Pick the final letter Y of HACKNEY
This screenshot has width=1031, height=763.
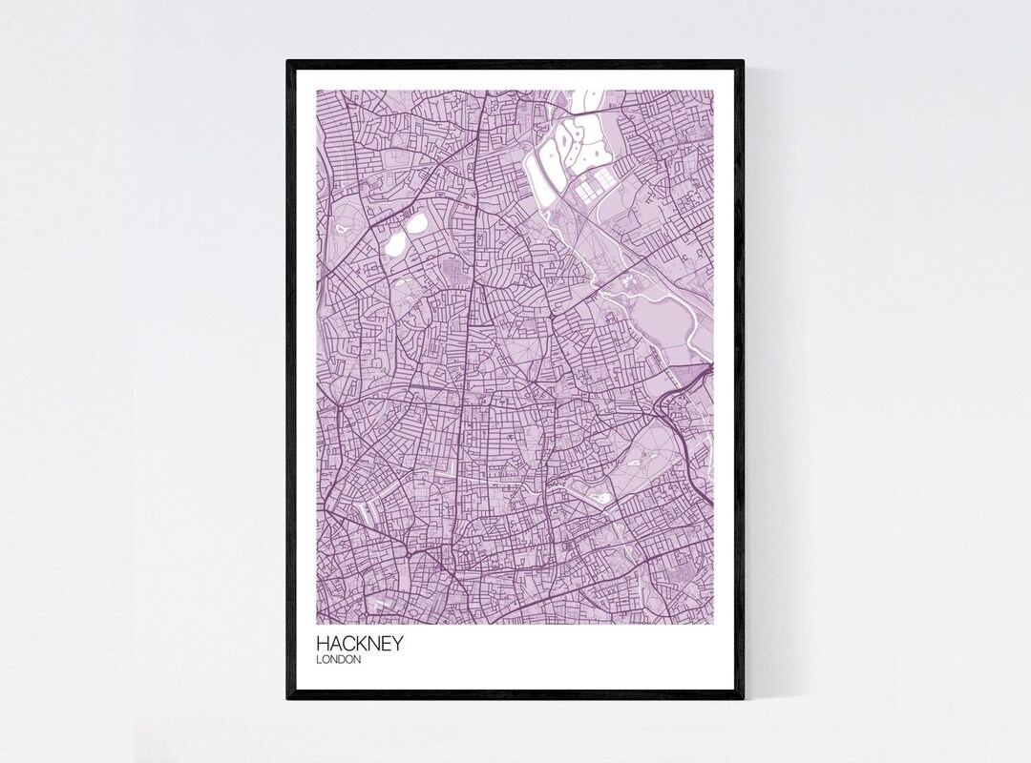click(396, 644)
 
